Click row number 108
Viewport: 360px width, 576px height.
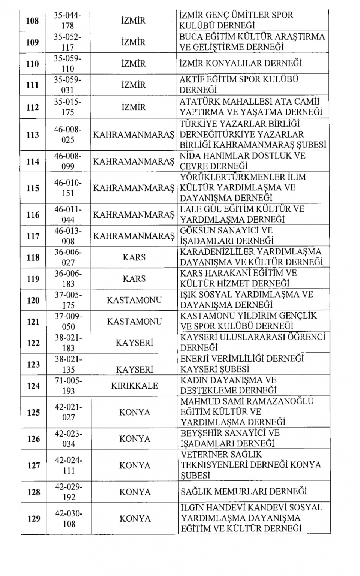coord(33,21)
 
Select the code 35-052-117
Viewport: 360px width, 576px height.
coord(67,42)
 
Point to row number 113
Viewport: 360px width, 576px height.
coord(33,135)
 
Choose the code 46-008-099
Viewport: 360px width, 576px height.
coord(67,161)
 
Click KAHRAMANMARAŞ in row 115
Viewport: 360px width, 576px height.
coord(133,188)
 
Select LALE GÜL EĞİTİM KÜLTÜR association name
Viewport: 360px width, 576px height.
coord(242,214)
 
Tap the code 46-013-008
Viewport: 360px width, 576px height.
coord(67,236)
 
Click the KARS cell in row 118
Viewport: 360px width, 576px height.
coord(134,257)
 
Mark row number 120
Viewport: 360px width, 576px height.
coord(33,300)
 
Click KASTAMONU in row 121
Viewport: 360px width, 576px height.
coord(134,322)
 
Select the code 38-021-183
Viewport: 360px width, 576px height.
coord(68,343)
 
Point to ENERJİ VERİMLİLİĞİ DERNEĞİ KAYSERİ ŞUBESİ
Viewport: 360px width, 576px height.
coord(242,364)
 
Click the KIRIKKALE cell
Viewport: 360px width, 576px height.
coord(134,386)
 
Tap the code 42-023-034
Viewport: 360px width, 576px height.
coord(68,438)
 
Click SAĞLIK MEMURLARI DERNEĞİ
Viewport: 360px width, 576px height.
coord(244,491)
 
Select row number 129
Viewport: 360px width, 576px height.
coord(33,519)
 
